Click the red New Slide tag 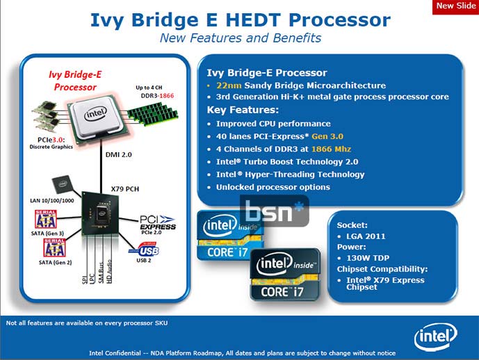coord(455,6)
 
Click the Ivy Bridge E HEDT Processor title coord(241,19)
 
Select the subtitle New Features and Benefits coord(241,38)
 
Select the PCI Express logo coord(158,222)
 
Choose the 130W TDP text coord(370,256)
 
